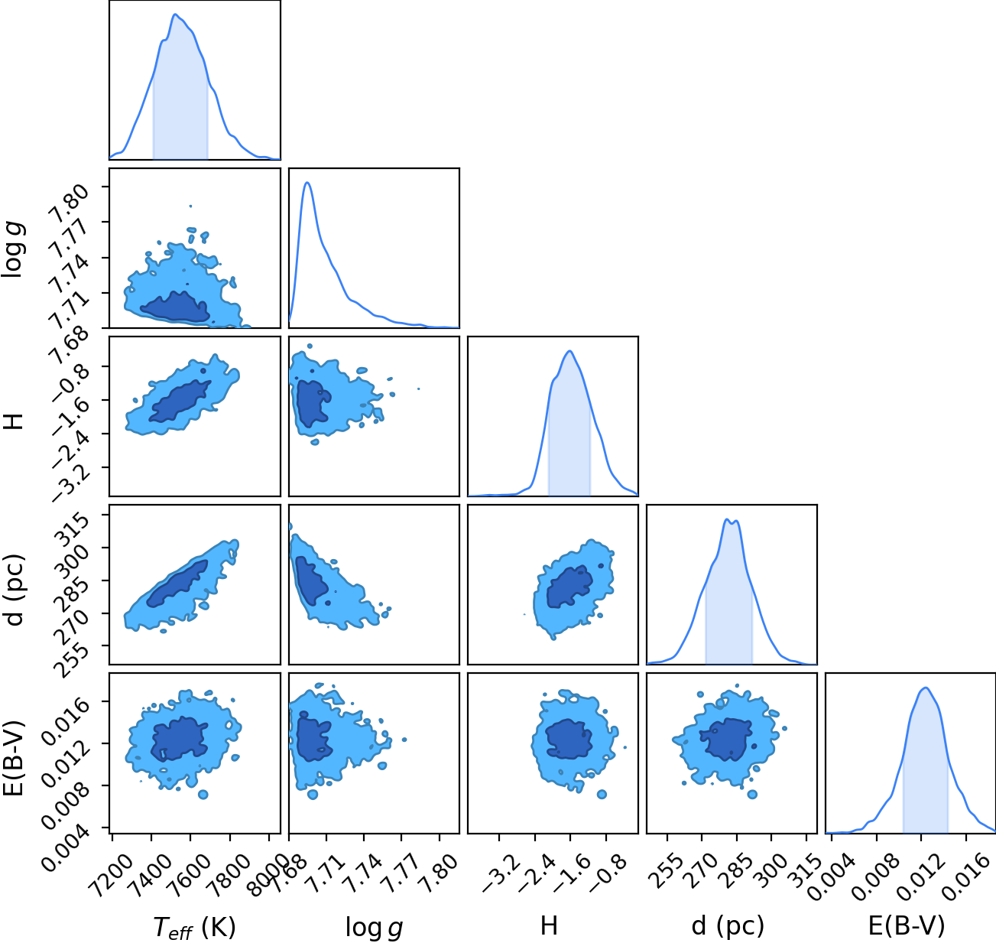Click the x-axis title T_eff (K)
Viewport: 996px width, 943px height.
(x=195, y=927)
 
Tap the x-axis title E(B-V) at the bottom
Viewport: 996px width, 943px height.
(x=907, y=925)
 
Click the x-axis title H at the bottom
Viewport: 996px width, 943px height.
(x=549, y=925)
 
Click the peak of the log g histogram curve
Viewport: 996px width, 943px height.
(x=307, y=183)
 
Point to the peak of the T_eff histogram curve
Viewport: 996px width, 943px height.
(x=175, y=15)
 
